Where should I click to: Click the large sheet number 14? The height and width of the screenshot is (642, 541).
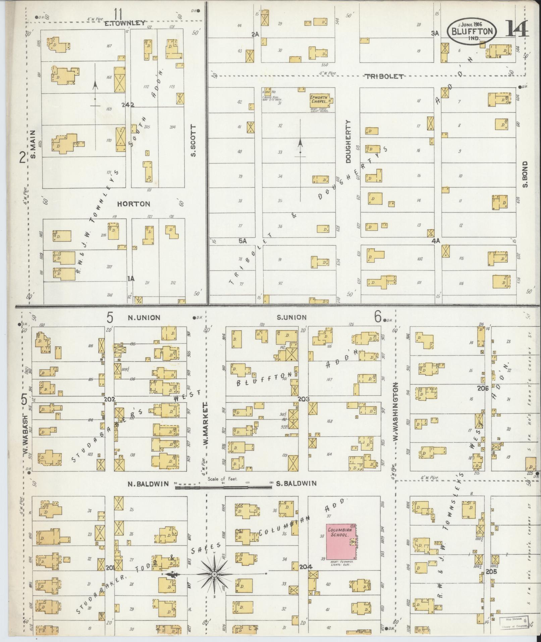[516, 29]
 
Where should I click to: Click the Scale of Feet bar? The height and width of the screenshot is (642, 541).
[223, 484]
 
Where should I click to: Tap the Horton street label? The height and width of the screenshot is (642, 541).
[134, 204]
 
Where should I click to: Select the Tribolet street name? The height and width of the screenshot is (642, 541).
[384, 77]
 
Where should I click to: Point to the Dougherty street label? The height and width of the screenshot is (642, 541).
[347, 142]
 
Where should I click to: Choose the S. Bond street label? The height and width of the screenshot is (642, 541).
[525, 174]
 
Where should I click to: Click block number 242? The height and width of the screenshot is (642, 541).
[128, 105]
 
